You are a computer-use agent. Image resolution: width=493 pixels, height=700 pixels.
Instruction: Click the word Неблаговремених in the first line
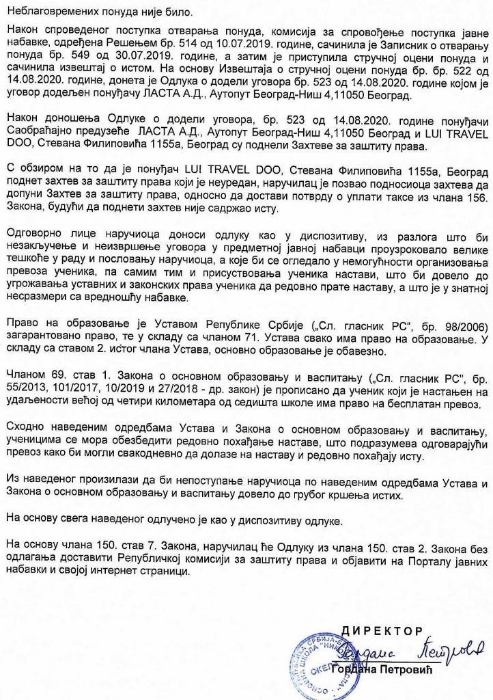(49, 12)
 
